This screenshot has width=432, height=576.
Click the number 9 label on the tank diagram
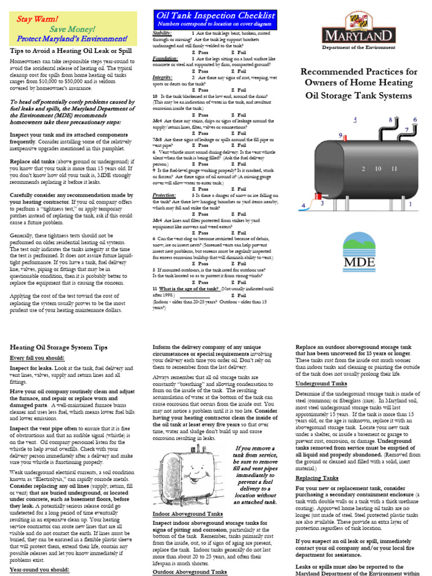click(340, 134)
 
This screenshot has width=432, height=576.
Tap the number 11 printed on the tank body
click(393, 168)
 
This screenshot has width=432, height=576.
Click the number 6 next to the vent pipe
click(415, 120)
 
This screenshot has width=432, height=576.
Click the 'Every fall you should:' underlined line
click(37, 358)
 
